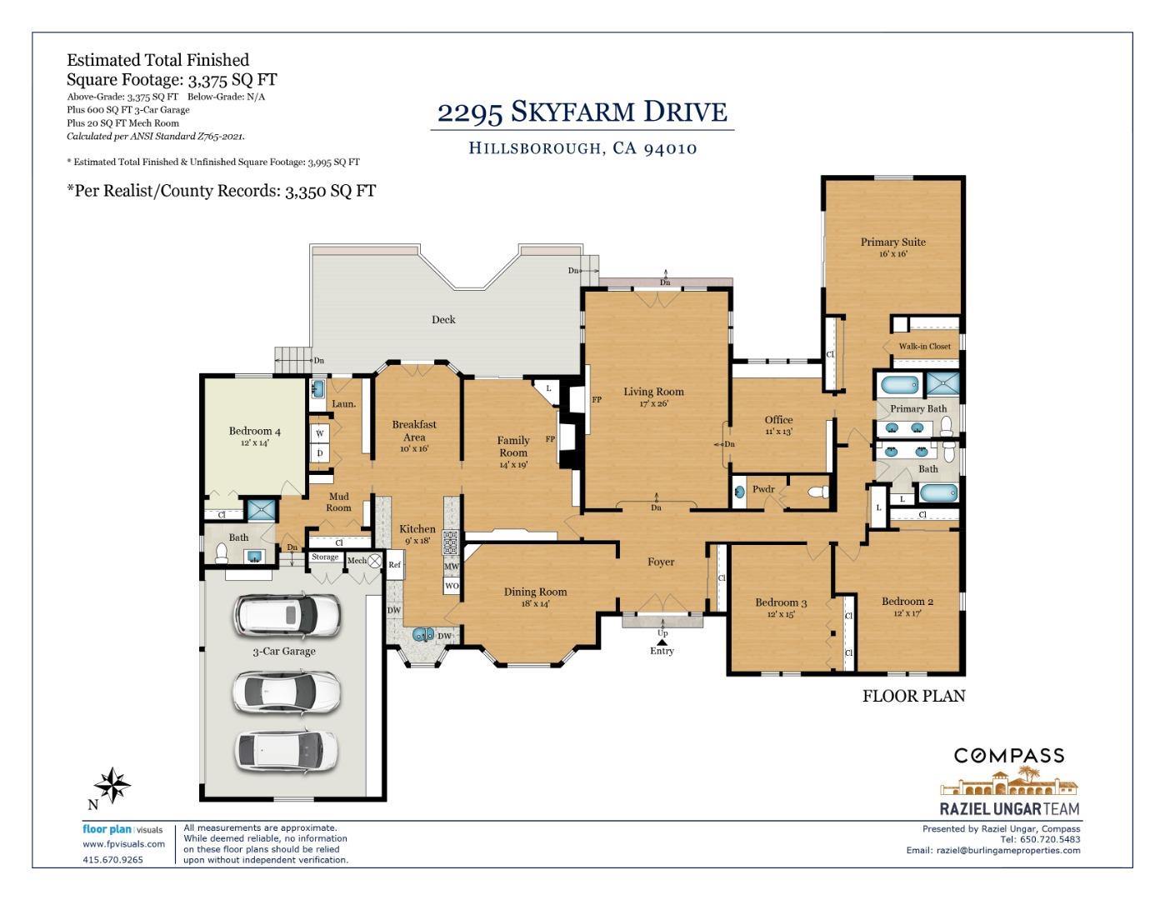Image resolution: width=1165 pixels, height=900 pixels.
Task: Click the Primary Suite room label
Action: pyautogui.click(x=892, y=242)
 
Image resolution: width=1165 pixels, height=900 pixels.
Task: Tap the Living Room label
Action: pyautogui.click(x=653, y=392)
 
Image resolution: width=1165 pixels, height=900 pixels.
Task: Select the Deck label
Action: pyautogui.click(x=443, y=320)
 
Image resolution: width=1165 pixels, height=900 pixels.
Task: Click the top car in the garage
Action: pyautogui.click(x=287, y=616)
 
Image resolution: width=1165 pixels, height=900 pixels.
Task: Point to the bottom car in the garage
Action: pyautogui.click(x=287, y=749)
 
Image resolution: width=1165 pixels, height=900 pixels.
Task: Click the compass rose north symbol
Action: pyautogui.click(x=112, y=785)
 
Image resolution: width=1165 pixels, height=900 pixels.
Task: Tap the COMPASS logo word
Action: pyautogui.click(x=1009, y=756)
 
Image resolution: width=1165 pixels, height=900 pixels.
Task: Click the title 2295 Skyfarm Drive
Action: pyautogui.click(x=582, y=112)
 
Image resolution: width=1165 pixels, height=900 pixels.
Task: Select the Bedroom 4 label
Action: pyautogui.click(x=254, y=432)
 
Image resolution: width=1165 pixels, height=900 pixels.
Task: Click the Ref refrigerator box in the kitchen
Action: pyautogui.click(x=395, y=565)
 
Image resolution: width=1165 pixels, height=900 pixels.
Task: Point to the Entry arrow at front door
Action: pyautogui.click(x=662, y=642)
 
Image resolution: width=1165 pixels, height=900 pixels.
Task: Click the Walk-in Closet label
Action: pyautogui.click(x=924, y=347)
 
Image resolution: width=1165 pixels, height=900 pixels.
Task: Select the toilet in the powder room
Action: pyautogui.click(x=820, y=492)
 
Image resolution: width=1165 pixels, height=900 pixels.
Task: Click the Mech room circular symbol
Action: pyautogui.click(x=375, y=561)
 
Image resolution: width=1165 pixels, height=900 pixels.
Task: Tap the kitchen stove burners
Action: pyautogui.click(x=450, y=542)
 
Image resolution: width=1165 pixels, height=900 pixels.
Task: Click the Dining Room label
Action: pyautogui.click(x=535, y=592)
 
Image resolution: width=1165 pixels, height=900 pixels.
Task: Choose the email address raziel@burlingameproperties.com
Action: pyautogui.click(x=1008, y=851)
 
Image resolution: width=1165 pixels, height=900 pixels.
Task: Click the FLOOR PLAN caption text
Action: pyautogui.click(x=913, y=696)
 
